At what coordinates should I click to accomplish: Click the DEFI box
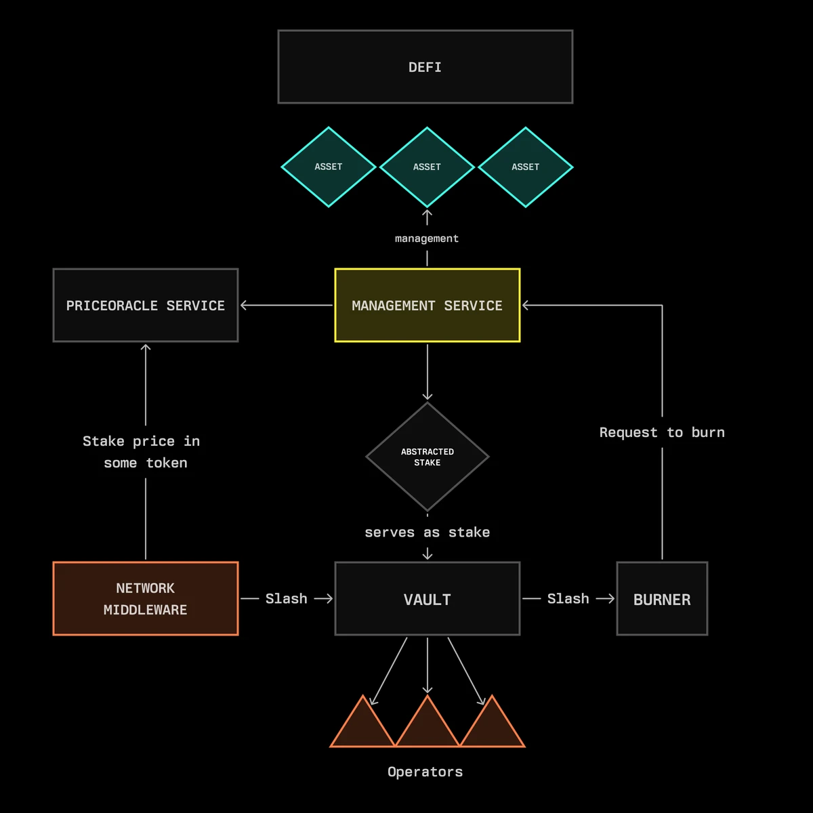[425, 67]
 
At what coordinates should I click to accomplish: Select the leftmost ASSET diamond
[329, 167]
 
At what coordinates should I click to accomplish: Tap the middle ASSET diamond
[427, 167]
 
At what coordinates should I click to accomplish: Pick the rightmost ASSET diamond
[526, 167]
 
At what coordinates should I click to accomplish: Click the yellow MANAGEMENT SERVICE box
[427, 306]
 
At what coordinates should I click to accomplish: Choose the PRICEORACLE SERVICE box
[146, 306]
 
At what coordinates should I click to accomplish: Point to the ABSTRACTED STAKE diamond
[427, 457]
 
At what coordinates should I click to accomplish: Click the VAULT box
[427, 599]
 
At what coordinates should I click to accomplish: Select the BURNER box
[662, 599]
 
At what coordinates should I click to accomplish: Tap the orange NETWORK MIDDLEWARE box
[146, 599]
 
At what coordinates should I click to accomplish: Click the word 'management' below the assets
[427, 238]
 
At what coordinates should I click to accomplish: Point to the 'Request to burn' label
[662, 432]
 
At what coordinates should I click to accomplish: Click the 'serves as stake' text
[427, 533]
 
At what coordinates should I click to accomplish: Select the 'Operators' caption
[425, 772]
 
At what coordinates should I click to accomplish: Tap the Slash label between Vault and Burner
[568, 599]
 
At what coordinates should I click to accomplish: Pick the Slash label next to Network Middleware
[286, 599]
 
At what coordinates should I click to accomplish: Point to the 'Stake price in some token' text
[141, 452]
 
